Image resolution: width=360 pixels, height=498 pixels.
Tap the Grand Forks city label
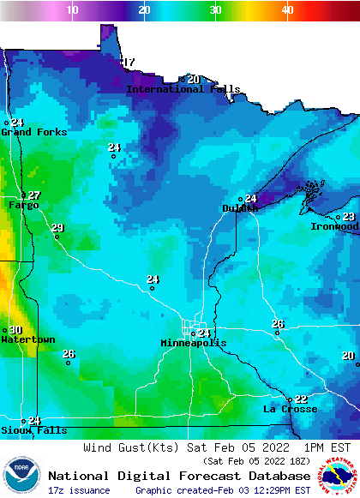coord(27,132)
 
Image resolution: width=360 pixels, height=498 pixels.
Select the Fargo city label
coord(23,205)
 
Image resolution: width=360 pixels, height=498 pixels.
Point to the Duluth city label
coord(240,208)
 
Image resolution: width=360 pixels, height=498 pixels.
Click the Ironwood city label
coord(334,226)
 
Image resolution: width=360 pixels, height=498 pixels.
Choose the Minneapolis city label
coord(194,343)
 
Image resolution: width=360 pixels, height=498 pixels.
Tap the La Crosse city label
coord(285,409)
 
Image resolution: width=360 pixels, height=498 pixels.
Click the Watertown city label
coord(27,339)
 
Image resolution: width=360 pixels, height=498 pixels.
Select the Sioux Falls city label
coord(21,429)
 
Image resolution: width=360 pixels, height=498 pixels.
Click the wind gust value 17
coord(129,63)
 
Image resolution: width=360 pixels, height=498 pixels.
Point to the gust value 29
coord(57,228)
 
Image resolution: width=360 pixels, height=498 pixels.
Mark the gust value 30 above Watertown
coord(15,330)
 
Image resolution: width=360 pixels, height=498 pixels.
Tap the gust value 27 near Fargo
coord(33,195)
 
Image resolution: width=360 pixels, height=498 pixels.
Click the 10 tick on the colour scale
coord(73,9)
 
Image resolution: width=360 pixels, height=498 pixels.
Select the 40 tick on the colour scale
coord(287,9)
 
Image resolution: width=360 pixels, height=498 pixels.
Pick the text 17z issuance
coord(79,490)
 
